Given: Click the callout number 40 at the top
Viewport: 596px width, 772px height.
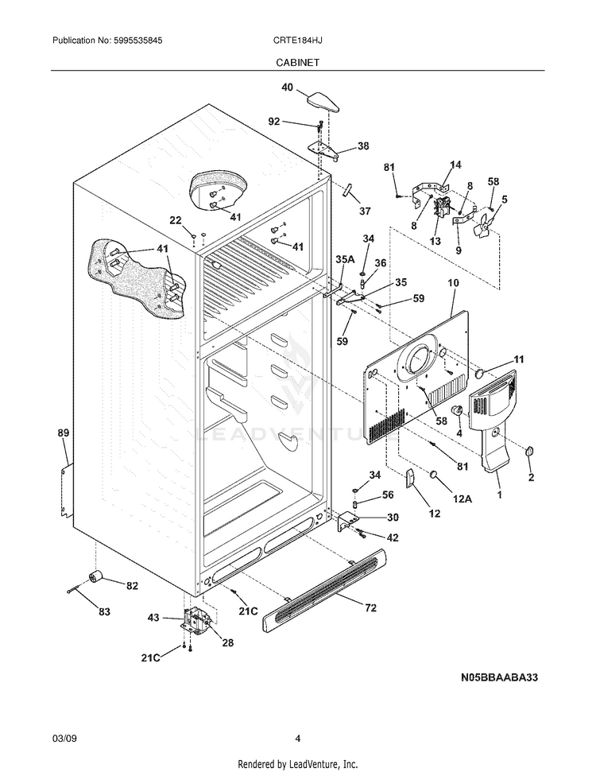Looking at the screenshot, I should tap(287, 87).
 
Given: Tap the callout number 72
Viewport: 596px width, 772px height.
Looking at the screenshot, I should tap(370, 608).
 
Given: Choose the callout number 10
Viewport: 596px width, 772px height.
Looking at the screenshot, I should tap(454, 282).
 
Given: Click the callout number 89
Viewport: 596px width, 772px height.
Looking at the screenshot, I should tap(64, 433).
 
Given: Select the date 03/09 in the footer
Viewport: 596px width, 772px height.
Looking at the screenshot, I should tap(64, 738).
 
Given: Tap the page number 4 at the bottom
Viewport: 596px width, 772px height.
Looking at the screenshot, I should tap(297, 738).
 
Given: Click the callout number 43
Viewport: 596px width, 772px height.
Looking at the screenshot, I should tap(153, 617).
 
